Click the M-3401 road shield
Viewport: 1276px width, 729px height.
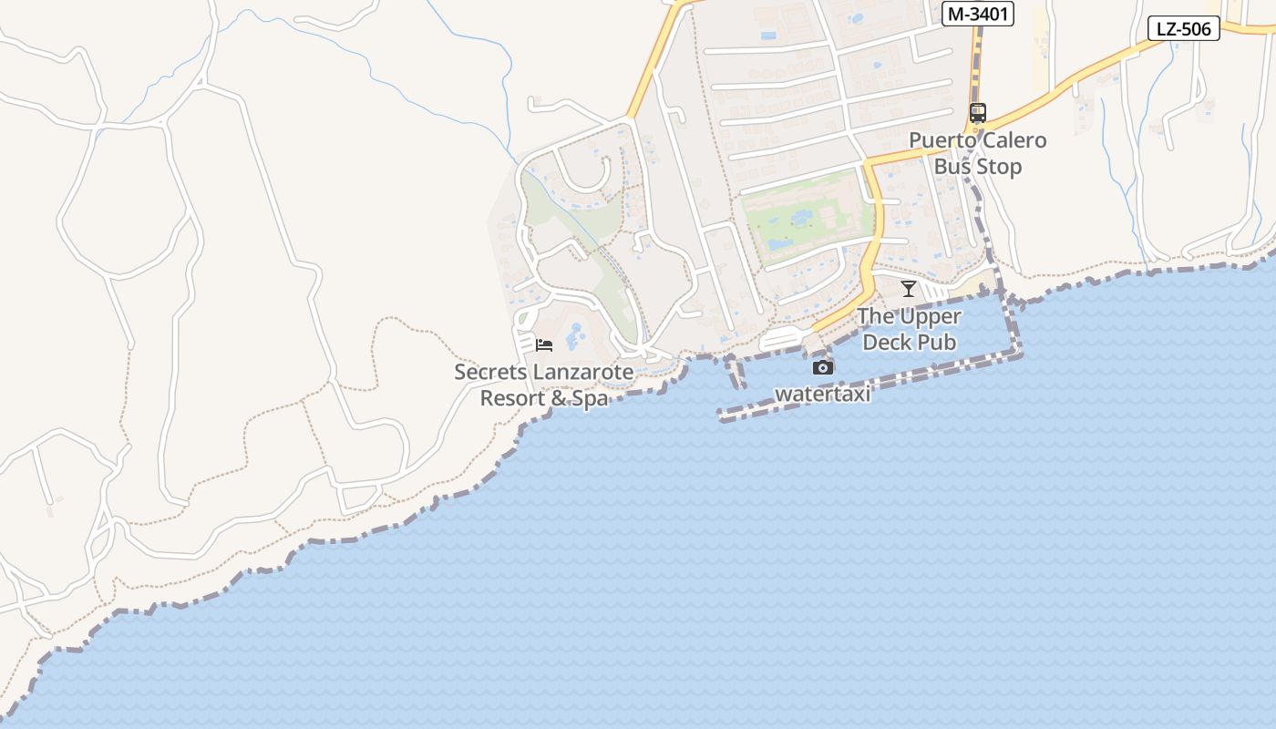pos(977,14)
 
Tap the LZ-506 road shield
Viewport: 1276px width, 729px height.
pos(1183,28)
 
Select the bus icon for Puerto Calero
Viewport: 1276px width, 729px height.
pos(978,113)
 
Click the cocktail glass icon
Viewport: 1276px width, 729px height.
pos(909,289)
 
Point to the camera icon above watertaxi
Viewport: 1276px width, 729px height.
pos(823,367)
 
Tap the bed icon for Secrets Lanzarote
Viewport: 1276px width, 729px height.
pos(544,344)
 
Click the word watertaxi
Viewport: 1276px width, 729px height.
pos(822,395)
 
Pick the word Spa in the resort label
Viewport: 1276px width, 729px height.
pos(590,398)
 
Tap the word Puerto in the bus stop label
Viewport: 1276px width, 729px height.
pos(942,140)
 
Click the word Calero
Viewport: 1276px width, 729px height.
pos(1013,140)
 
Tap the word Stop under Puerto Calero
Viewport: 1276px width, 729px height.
pos(998,167)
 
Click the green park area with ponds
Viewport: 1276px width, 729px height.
pos(802,219)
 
